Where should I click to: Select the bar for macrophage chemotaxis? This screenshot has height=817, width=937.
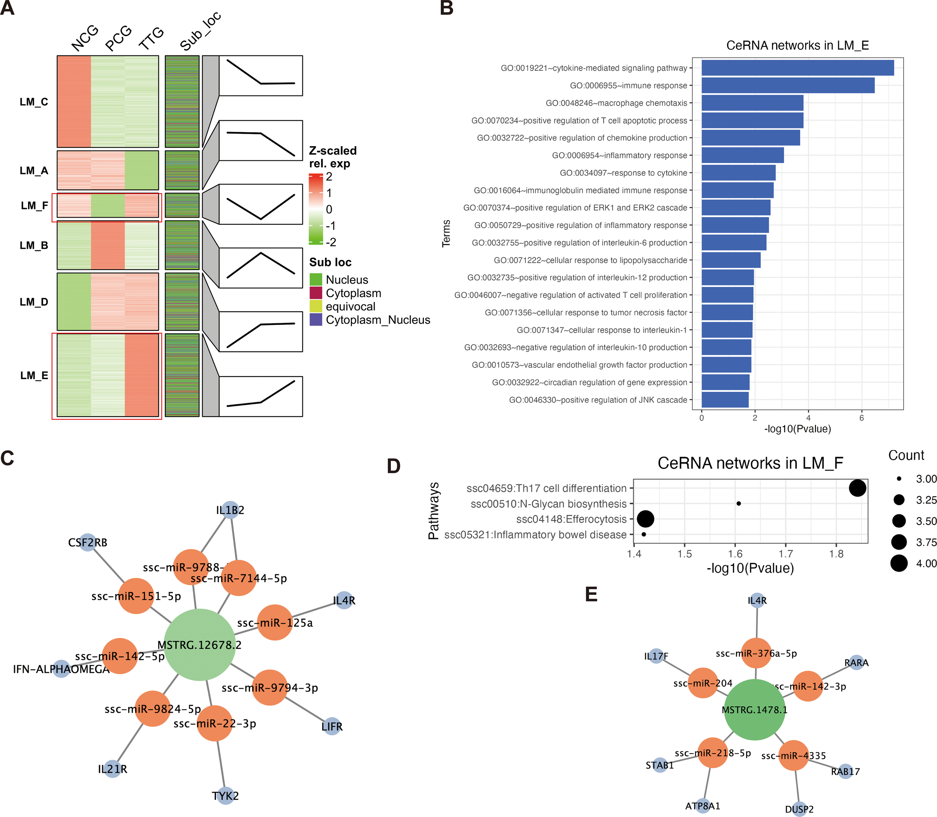pos(752,103)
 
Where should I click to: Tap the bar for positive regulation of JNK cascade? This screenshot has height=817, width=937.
pos(724,400)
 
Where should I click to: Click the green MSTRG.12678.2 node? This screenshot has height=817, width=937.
pos(199,644)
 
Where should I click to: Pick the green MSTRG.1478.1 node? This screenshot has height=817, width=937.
pos(754,709)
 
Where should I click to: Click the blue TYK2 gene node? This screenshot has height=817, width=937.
pos(225,796)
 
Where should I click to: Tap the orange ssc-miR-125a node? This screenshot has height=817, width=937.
pos(275,622)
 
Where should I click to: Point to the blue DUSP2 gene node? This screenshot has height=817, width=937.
pos(799,809)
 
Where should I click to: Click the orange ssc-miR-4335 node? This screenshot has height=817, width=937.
pos(794,756)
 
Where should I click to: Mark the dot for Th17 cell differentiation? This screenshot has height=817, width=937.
pos(857,488)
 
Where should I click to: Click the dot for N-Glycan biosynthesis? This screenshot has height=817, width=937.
pos(739,503)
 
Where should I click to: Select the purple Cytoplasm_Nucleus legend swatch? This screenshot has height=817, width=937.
pos(316,320)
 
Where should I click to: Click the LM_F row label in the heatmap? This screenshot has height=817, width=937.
pos(34,206)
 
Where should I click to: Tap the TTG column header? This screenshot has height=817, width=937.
pos(151,38)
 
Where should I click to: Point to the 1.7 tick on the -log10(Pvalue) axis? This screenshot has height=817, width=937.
pos(786,554)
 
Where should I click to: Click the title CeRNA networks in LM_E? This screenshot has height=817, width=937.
pos(798,46)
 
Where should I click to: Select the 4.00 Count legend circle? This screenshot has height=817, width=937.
pos(899,563)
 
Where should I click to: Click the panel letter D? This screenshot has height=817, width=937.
pos(393,466)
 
